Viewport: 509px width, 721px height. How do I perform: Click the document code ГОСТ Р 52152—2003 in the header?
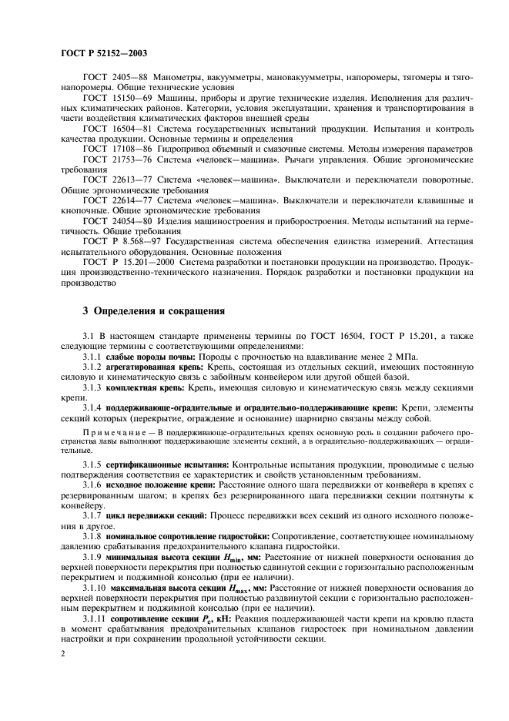(103, 53)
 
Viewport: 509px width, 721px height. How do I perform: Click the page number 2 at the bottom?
(63, 653)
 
